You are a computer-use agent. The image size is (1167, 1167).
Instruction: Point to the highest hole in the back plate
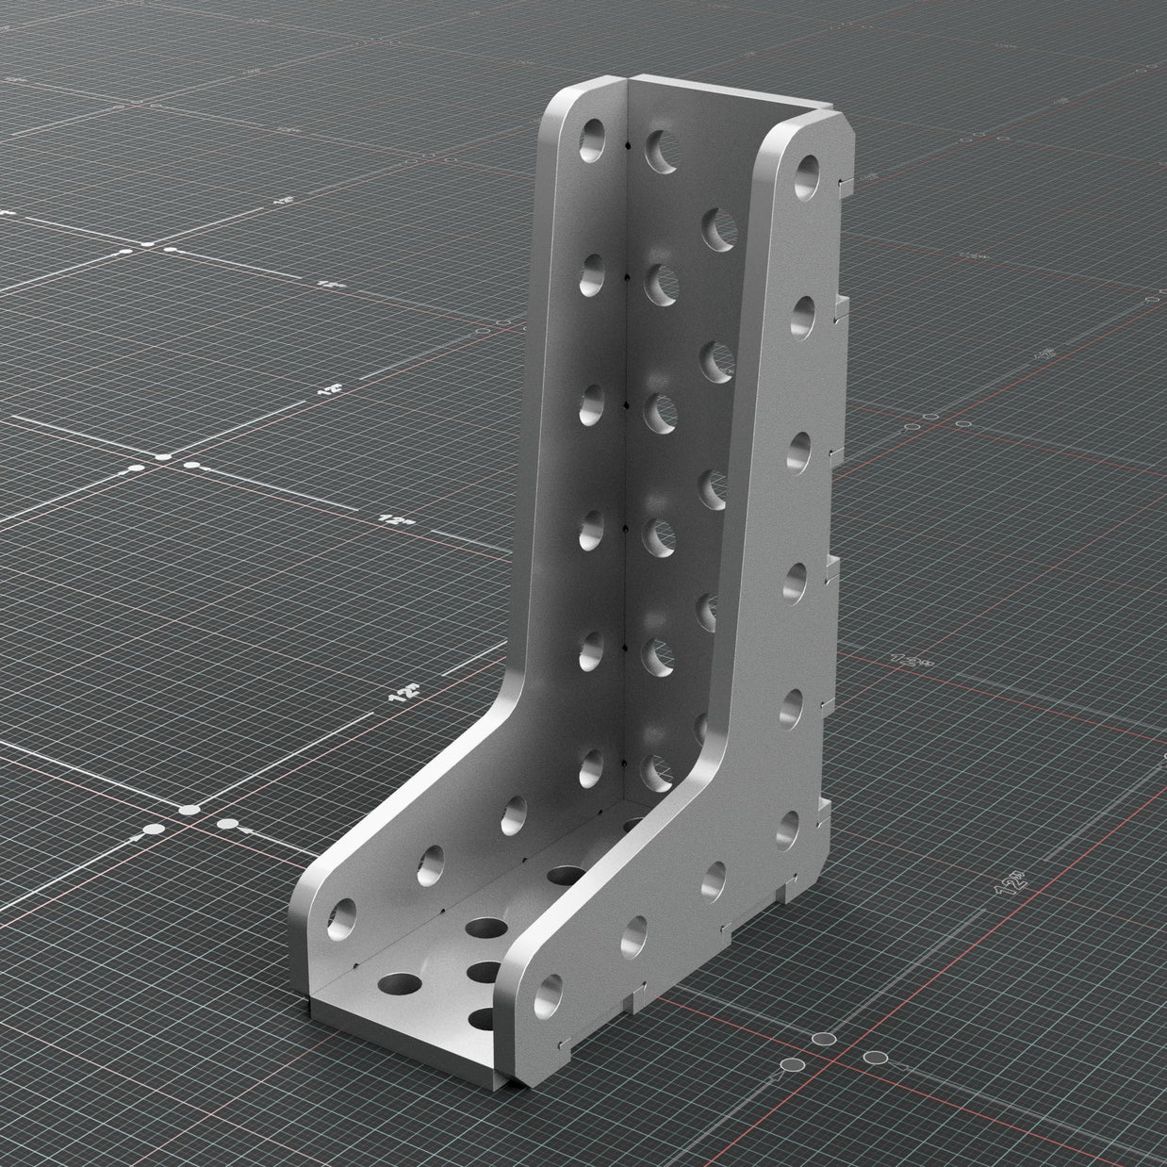[660, 149]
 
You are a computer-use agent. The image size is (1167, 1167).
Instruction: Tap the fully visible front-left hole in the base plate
[402, 985]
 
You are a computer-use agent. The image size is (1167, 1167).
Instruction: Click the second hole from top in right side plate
[801, 318]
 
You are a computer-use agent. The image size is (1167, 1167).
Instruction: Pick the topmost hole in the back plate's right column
[718, 229]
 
